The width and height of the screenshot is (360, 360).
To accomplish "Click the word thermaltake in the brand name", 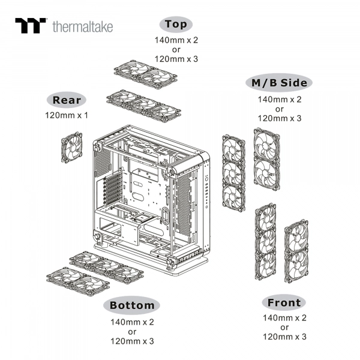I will point(82,26).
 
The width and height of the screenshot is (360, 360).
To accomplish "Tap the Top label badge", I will point(176,25).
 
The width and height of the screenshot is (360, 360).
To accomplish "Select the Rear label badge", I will point(70,100).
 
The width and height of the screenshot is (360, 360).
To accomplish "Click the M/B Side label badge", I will point(279,83).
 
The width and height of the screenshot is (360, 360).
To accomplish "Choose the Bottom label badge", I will point(132,305).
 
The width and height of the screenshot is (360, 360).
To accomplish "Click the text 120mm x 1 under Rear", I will point(67,115).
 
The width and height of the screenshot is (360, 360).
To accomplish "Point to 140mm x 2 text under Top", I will point(176,40).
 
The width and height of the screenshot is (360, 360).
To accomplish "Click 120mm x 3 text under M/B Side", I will point(279,118).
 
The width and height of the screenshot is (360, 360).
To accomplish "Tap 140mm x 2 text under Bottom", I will point(132,322).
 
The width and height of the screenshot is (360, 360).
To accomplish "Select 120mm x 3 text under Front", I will point(284,337).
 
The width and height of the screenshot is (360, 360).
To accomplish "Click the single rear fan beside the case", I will point(73,148).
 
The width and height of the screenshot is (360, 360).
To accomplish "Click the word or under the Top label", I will point(176,49).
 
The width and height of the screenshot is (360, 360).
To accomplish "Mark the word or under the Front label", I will point(284,327).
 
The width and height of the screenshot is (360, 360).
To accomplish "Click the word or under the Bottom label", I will point(132,331).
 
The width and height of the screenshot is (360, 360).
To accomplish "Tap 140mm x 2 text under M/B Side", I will point(279,99).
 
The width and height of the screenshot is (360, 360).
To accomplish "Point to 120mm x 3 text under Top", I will point(176,59).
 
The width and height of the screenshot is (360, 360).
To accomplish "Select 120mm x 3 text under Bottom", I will point(132,341).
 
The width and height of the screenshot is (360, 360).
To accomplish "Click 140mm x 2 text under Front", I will point(284,317).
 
